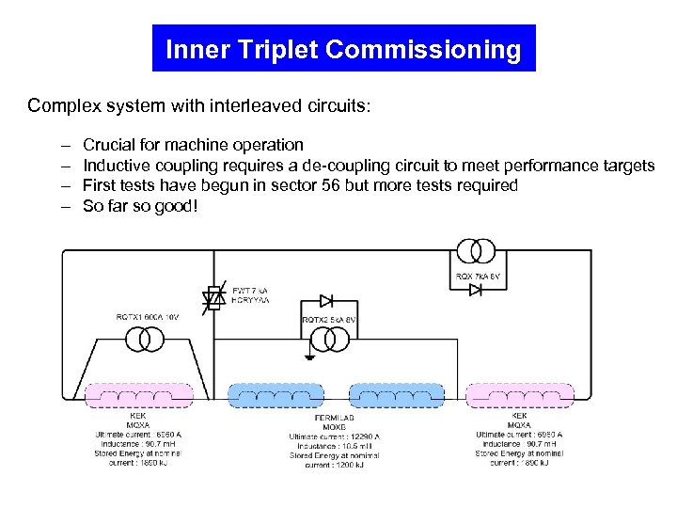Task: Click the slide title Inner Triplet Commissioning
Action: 343,49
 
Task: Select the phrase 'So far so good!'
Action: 140,205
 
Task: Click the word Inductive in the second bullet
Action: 117,166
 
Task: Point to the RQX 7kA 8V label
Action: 480,276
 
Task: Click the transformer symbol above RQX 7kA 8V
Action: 476,251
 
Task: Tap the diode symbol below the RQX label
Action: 476,291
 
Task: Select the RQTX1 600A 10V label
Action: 147,317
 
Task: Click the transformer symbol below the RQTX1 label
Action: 146,340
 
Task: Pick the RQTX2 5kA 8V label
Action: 329,321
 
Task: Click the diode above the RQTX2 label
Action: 325,301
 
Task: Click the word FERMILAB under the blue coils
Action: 335,417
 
